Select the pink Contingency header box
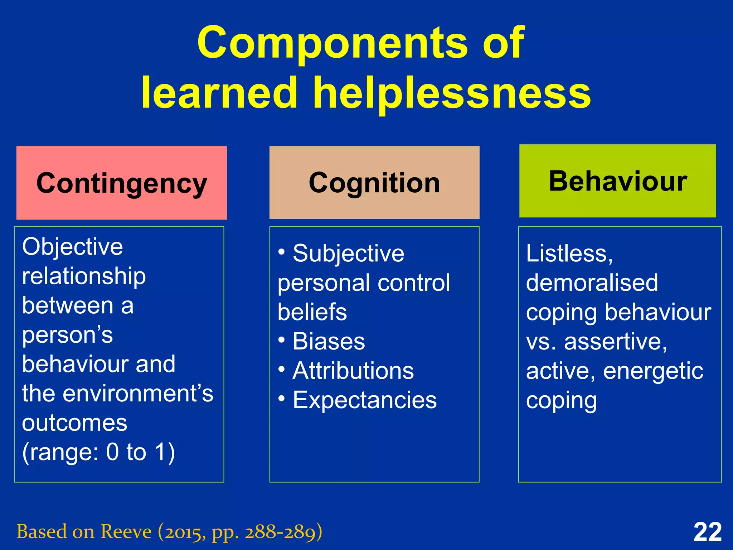[x=122, y=183]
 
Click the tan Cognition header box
[x=374, y=183]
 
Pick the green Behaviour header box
[x=618, y=181]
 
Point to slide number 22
[x=707, y=532]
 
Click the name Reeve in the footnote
[x=126, y=532]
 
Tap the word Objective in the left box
[x=73, y=247]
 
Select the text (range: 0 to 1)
[x=98, y=452]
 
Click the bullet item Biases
[x=329, y=341]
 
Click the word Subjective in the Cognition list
[x=348, y=254]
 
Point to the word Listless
[x=569, y=254]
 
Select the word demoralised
[x=592, y=283]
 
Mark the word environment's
[x=138, y=393]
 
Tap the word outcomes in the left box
[x=74, y=423]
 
